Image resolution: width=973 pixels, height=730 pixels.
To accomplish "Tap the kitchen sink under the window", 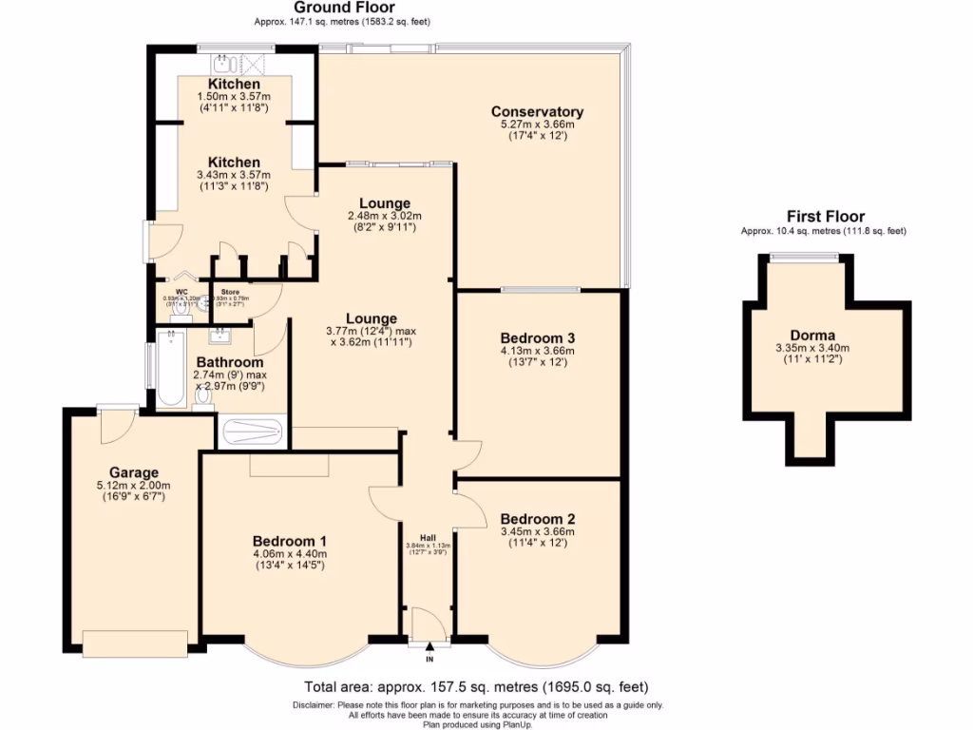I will coord(224,64).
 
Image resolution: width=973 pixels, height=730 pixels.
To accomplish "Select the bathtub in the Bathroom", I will coord(172,367).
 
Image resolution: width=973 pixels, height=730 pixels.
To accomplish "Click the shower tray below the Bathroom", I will coord(252,432).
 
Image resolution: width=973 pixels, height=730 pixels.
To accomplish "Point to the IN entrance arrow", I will coord(429,648).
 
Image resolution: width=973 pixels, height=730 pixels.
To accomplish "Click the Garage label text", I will coord(134,472).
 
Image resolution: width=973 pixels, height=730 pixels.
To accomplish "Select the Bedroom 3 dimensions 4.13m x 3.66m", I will coord(538,351).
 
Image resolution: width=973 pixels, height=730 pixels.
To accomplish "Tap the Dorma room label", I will coord(812,335).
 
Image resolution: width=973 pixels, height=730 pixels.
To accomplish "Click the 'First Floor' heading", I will coord(825,217).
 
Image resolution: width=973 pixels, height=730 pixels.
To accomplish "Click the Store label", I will coord(230,291).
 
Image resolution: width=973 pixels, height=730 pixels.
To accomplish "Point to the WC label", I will coord(182,291).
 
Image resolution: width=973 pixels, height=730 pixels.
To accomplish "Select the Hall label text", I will coord(428,535).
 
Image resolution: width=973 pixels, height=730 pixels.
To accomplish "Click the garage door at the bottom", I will coord(135,643).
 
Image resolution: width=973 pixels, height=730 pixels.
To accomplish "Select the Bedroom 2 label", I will coord(538,519).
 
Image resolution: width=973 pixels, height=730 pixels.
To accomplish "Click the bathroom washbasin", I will coord(220,335).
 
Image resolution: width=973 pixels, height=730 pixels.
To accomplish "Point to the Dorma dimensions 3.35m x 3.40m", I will coord(812,347).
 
